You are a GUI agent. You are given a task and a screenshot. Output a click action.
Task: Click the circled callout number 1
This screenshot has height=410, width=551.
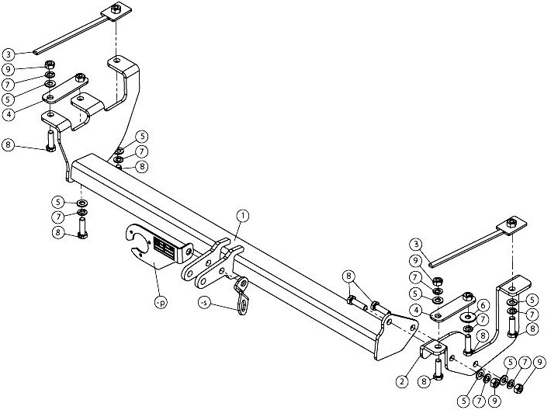(x=242, y=216)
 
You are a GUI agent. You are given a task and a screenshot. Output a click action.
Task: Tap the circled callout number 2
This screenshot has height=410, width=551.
(x=402, y=381)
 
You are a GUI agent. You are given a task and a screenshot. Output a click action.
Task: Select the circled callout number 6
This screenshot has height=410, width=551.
(x=483, y=306)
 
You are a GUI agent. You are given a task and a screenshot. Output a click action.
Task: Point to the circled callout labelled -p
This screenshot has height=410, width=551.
(x=161, y=303)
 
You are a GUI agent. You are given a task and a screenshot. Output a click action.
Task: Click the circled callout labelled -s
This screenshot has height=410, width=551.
(x=204, y=302)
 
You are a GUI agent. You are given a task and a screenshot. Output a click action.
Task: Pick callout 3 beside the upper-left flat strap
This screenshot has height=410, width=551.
(x=9, y=54)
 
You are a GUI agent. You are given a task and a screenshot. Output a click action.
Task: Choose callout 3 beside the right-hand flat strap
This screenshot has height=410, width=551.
(x=416, y=244)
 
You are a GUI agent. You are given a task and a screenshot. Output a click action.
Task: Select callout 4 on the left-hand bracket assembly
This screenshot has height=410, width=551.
(x=9, y=114)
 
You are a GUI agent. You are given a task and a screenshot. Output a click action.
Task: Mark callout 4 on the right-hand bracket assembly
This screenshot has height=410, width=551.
(x=417, y=311)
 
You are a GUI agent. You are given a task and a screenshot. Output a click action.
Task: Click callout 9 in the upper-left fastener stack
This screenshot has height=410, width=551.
(x=9, y=69)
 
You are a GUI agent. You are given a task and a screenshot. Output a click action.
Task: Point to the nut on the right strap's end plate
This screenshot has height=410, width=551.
(x=512, y=223)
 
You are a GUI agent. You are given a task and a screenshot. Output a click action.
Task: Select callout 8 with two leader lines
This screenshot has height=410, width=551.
(x=348, y=276)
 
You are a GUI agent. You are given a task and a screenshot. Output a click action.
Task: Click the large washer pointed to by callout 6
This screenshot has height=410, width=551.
(x=468, y=318)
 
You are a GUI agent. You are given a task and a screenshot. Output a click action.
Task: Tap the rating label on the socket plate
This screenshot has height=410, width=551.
(x=164, y=245)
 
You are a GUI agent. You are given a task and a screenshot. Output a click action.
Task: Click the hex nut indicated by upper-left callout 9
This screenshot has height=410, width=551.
(x=49, y=64)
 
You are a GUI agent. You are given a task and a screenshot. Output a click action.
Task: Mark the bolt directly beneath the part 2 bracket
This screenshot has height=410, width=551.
(x=438, y=369)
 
